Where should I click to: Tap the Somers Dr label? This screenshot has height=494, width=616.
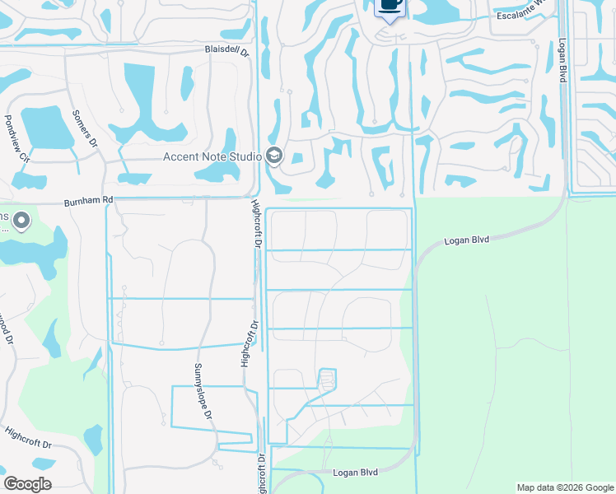[86, 129]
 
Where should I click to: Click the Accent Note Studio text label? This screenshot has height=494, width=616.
[212, 156]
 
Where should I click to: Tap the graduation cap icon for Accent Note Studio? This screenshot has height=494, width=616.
[274, 156]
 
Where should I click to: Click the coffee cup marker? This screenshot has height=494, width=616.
[390, 6]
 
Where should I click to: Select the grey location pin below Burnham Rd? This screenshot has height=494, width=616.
[21, 221]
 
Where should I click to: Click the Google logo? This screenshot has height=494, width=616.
[27, 484]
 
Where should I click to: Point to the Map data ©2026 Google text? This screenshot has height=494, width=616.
[564, 487]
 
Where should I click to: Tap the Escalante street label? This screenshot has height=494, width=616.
[522, 16]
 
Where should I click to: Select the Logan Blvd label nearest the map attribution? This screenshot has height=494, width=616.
[355, 473]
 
